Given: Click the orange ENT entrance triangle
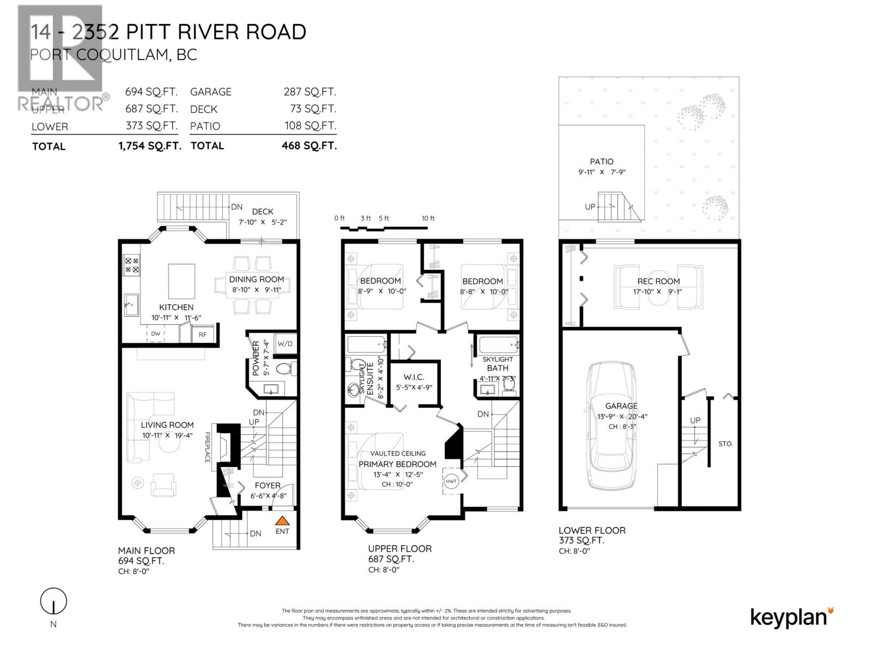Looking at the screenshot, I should pos(282,520).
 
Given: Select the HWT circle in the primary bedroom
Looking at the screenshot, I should pos(452,481).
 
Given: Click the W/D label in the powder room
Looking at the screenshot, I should pos(284,344).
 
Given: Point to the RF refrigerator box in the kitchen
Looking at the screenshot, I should pos(203,335).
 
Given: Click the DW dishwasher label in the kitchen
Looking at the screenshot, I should pos(155,334).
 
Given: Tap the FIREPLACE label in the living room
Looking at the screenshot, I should pos(208,447).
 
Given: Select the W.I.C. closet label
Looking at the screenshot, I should pos(414,377).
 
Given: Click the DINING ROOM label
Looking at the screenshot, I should pos(256,279).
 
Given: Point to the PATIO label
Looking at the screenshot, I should pos(602,161).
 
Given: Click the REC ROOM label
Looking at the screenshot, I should pos(658,281).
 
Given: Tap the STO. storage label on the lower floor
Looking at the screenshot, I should pos(725,444).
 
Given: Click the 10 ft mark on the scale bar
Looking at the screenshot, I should pos(428,219).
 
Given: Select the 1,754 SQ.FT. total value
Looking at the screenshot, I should pos(150,146).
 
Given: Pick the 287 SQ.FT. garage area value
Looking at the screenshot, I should pos(310,92).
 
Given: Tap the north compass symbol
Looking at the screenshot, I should pos(53,602).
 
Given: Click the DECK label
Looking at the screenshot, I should pos(263,211).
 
